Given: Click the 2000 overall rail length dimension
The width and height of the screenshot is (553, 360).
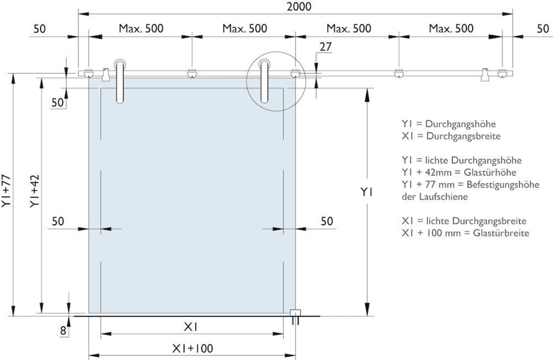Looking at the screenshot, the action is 299,7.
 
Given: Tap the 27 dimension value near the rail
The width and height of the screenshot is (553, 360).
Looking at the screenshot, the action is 325,47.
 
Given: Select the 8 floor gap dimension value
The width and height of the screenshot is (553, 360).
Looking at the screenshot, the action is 63,331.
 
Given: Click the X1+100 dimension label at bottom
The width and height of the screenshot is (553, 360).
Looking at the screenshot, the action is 193,349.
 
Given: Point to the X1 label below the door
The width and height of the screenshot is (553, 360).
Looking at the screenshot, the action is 191,327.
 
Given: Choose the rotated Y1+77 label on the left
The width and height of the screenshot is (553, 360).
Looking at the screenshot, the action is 6,191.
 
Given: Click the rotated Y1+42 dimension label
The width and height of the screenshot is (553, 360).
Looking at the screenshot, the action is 35,191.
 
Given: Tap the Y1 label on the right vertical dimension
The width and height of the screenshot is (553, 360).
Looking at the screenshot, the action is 367,192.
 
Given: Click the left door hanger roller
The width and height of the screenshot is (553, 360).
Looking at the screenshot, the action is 120,81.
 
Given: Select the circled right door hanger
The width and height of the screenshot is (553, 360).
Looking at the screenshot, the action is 265,81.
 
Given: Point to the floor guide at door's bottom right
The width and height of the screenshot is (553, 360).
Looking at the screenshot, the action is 295,317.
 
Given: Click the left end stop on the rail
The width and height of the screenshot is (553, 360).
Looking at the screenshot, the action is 106,75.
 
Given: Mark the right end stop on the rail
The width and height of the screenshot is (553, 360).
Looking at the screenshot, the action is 485,75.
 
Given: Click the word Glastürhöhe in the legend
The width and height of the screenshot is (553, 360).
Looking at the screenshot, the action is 490,172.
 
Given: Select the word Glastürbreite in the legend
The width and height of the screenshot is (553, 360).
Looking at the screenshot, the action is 501,233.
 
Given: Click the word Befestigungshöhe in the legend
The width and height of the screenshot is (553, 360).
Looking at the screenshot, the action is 503,184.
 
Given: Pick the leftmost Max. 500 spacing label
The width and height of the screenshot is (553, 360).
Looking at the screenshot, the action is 141,28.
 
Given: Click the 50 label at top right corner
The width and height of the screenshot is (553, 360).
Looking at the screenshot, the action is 543,29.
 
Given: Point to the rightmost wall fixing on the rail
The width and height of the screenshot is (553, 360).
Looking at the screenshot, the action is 502,74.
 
